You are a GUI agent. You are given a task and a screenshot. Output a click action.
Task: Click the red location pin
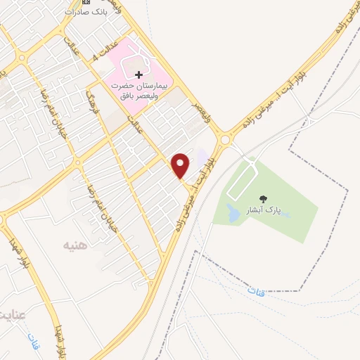181,165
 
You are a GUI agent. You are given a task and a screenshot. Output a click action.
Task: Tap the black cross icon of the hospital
139,74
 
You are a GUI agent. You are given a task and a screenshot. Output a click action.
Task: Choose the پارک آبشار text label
264,211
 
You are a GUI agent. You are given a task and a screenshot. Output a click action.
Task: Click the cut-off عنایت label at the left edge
11,311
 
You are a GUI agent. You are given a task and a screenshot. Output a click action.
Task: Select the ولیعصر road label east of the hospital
203,112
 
